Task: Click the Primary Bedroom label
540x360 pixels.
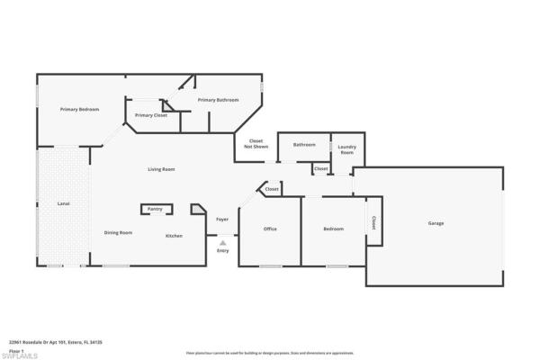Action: coord(79,110)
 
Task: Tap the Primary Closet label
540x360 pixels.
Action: coord(151,115)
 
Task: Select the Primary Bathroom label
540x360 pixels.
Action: coord(218,100)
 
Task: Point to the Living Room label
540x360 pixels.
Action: coord(161,169)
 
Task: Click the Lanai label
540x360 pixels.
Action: coord(63,203)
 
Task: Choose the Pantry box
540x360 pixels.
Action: coord(155,209)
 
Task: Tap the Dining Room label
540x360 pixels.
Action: coord(118,233)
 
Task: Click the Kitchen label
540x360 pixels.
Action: coord(174,236)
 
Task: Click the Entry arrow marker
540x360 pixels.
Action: coord(222,241)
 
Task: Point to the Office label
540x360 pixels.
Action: coord(270,229)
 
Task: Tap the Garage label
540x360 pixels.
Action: coord(436,223)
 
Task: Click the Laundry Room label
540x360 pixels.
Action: coord(347,148)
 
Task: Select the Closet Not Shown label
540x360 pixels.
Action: coord(256,143)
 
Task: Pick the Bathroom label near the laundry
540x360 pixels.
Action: coord(304,144)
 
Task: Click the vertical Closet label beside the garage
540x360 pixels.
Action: coord(373,222)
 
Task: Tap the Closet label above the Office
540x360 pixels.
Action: coord(272,190)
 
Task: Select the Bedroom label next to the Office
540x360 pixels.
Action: coord(333,229)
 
